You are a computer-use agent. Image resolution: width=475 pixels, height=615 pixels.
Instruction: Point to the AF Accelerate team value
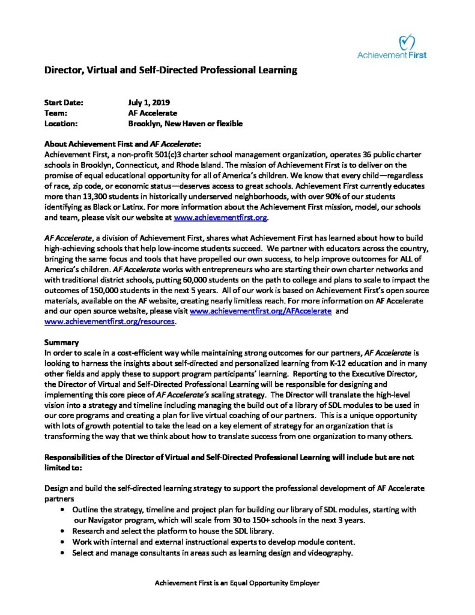(x=153, y=113)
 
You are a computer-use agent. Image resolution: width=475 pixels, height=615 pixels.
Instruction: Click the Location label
(x=62, y=124)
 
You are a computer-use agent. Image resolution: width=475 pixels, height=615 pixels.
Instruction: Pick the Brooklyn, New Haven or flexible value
(x=185, y=124)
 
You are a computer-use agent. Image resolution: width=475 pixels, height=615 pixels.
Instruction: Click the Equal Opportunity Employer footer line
(x=237, y=583)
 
